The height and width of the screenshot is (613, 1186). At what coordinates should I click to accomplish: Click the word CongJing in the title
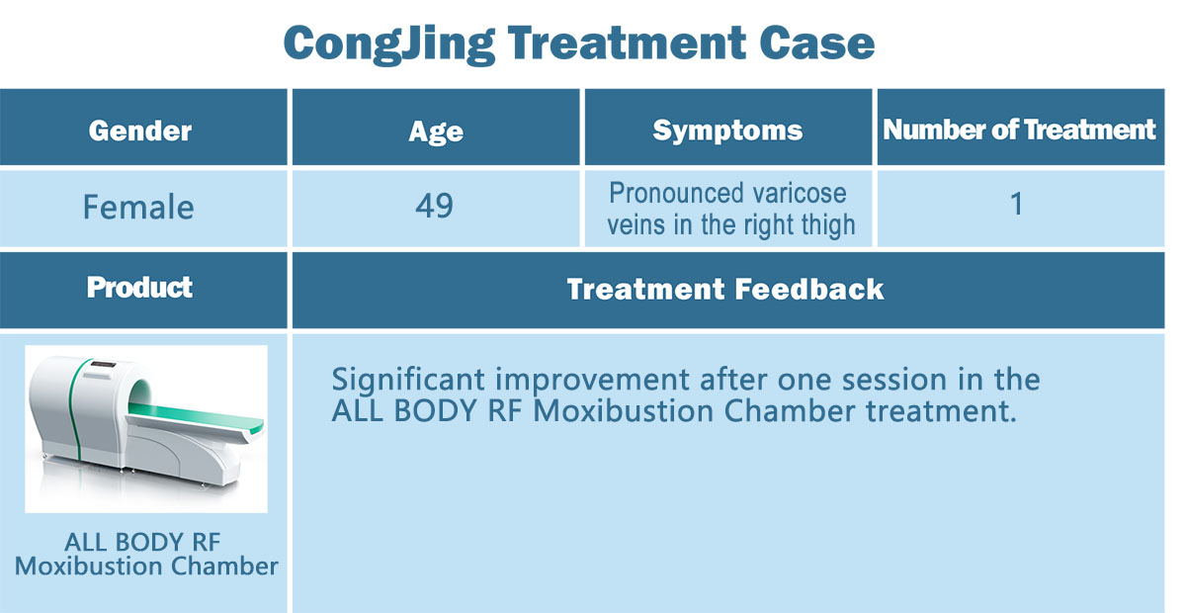(389, 45)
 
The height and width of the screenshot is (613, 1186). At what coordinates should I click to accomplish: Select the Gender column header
(139, 131)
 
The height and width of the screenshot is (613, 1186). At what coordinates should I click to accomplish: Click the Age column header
(436, 131)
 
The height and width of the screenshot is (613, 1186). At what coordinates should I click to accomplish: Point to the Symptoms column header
(727, 131)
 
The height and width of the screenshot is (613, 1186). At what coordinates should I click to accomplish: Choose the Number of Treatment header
(1019, 130)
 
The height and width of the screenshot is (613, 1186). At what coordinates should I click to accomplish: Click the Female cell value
(138, 207)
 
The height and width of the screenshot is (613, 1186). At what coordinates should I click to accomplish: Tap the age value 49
(434, 206)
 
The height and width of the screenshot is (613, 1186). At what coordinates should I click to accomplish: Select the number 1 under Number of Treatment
(1016, 204)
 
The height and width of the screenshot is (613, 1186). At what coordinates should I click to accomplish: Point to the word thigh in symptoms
(828, 225)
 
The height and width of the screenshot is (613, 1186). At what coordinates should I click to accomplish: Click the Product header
(139, 288)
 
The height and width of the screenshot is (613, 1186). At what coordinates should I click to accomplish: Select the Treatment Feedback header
(725, 290)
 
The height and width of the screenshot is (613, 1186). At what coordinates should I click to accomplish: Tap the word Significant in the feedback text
(407, 381)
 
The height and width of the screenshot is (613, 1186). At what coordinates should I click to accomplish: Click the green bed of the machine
(197, 417)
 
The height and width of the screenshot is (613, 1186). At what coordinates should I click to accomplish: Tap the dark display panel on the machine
(104, 364)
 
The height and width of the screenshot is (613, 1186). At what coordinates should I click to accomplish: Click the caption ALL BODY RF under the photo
(142, 542)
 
